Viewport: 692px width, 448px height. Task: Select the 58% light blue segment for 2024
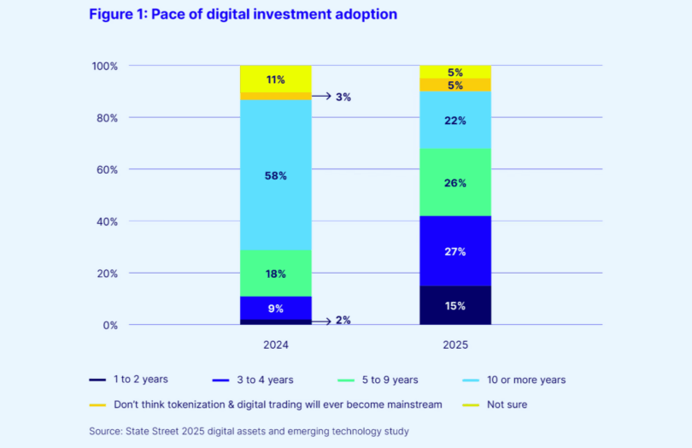tap(275, 175)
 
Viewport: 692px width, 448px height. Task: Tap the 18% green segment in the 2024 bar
tap(275, 274)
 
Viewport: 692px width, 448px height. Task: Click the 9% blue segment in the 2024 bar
tap(275, 308)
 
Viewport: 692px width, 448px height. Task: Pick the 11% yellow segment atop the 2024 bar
tap(275, 79)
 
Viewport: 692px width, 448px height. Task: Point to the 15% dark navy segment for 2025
tap(454, 305)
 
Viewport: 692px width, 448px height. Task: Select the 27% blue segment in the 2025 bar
tap(454, 251)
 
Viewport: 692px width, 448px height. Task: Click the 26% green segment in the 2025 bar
tap(454, 182)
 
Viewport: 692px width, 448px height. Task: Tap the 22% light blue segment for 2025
tap(454, 121)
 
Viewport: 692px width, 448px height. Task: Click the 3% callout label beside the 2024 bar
tap(343, 97)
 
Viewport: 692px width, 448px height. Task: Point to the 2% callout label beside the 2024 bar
tap(343, 321)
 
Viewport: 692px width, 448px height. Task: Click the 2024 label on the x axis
tap(275, 345)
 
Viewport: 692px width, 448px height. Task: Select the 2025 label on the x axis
tap(454, 345)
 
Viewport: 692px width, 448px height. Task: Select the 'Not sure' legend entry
tap(507, 404)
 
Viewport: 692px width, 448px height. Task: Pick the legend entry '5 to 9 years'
tap(389, 380)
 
